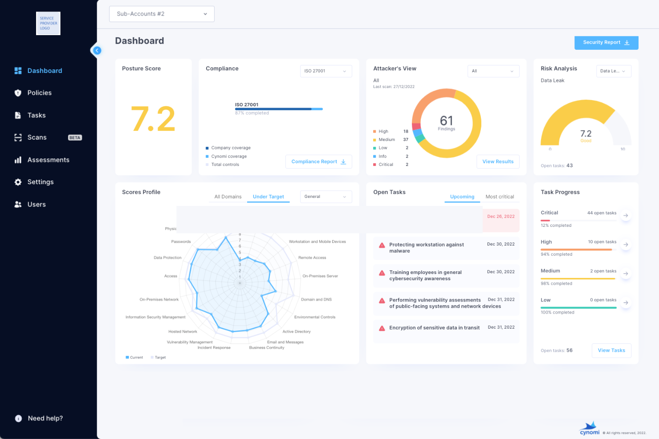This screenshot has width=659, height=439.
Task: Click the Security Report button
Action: (606, 43)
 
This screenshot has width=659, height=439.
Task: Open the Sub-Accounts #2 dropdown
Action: (162, 14)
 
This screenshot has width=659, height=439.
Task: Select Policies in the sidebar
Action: (39, 93)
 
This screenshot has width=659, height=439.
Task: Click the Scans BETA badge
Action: (75, 138)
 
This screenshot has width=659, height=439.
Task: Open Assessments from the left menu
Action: (48, 160)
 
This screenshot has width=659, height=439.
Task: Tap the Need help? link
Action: (45, 419)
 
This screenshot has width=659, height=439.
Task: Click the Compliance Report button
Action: (318, 162)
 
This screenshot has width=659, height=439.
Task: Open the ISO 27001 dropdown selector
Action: (325, 71)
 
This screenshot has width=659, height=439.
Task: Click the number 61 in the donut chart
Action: (446, 121)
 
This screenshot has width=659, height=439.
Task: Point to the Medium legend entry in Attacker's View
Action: (386, 140)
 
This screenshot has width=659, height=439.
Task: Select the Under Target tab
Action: (268, 197)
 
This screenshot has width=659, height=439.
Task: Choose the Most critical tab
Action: (500, 197)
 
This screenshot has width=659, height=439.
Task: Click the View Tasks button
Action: (611, 350)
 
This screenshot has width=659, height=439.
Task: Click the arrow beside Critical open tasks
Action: (626, 216)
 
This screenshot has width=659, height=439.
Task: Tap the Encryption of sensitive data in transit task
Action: (434, 328)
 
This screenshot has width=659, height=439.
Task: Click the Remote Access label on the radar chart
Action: (312, 258)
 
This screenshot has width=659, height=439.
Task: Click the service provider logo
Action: (48, 24)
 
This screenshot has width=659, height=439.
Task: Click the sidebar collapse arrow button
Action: (97, 51)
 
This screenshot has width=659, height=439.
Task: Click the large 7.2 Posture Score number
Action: (153, 119)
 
